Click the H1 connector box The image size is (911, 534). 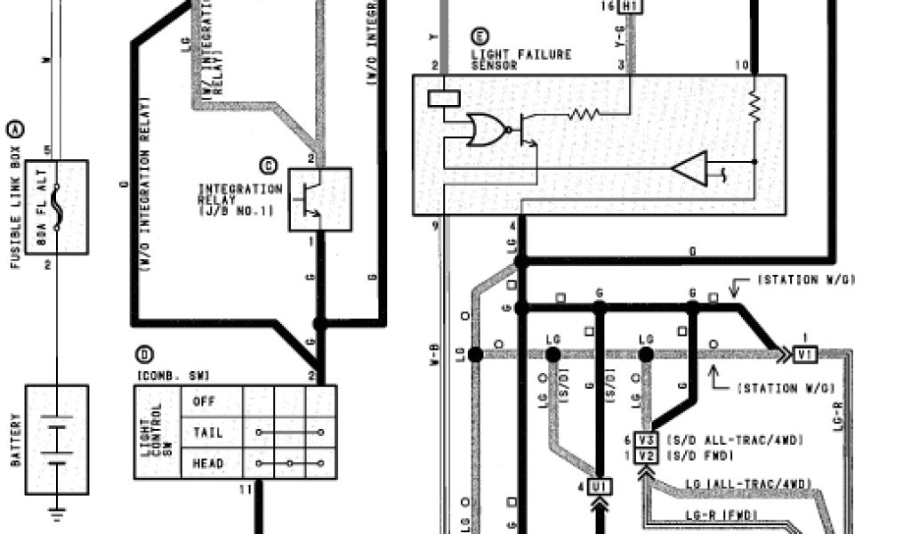[630, 6]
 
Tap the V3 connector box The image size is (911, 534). [648, 441]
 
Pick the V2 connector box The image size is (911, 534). [648, 456]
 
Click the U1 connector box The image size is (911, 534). [599, 487]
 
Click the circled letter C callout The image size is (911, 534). [269, 166]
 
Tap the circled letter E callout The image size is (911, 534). [480, 36]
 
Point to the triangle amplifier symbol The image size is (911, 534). [690, 168]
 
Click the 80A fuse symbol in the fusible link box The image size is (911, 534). [57, 206]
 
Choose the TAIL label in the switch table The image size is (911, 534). [207, 433]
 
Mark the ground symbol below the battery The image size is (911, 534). [56, 514]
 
